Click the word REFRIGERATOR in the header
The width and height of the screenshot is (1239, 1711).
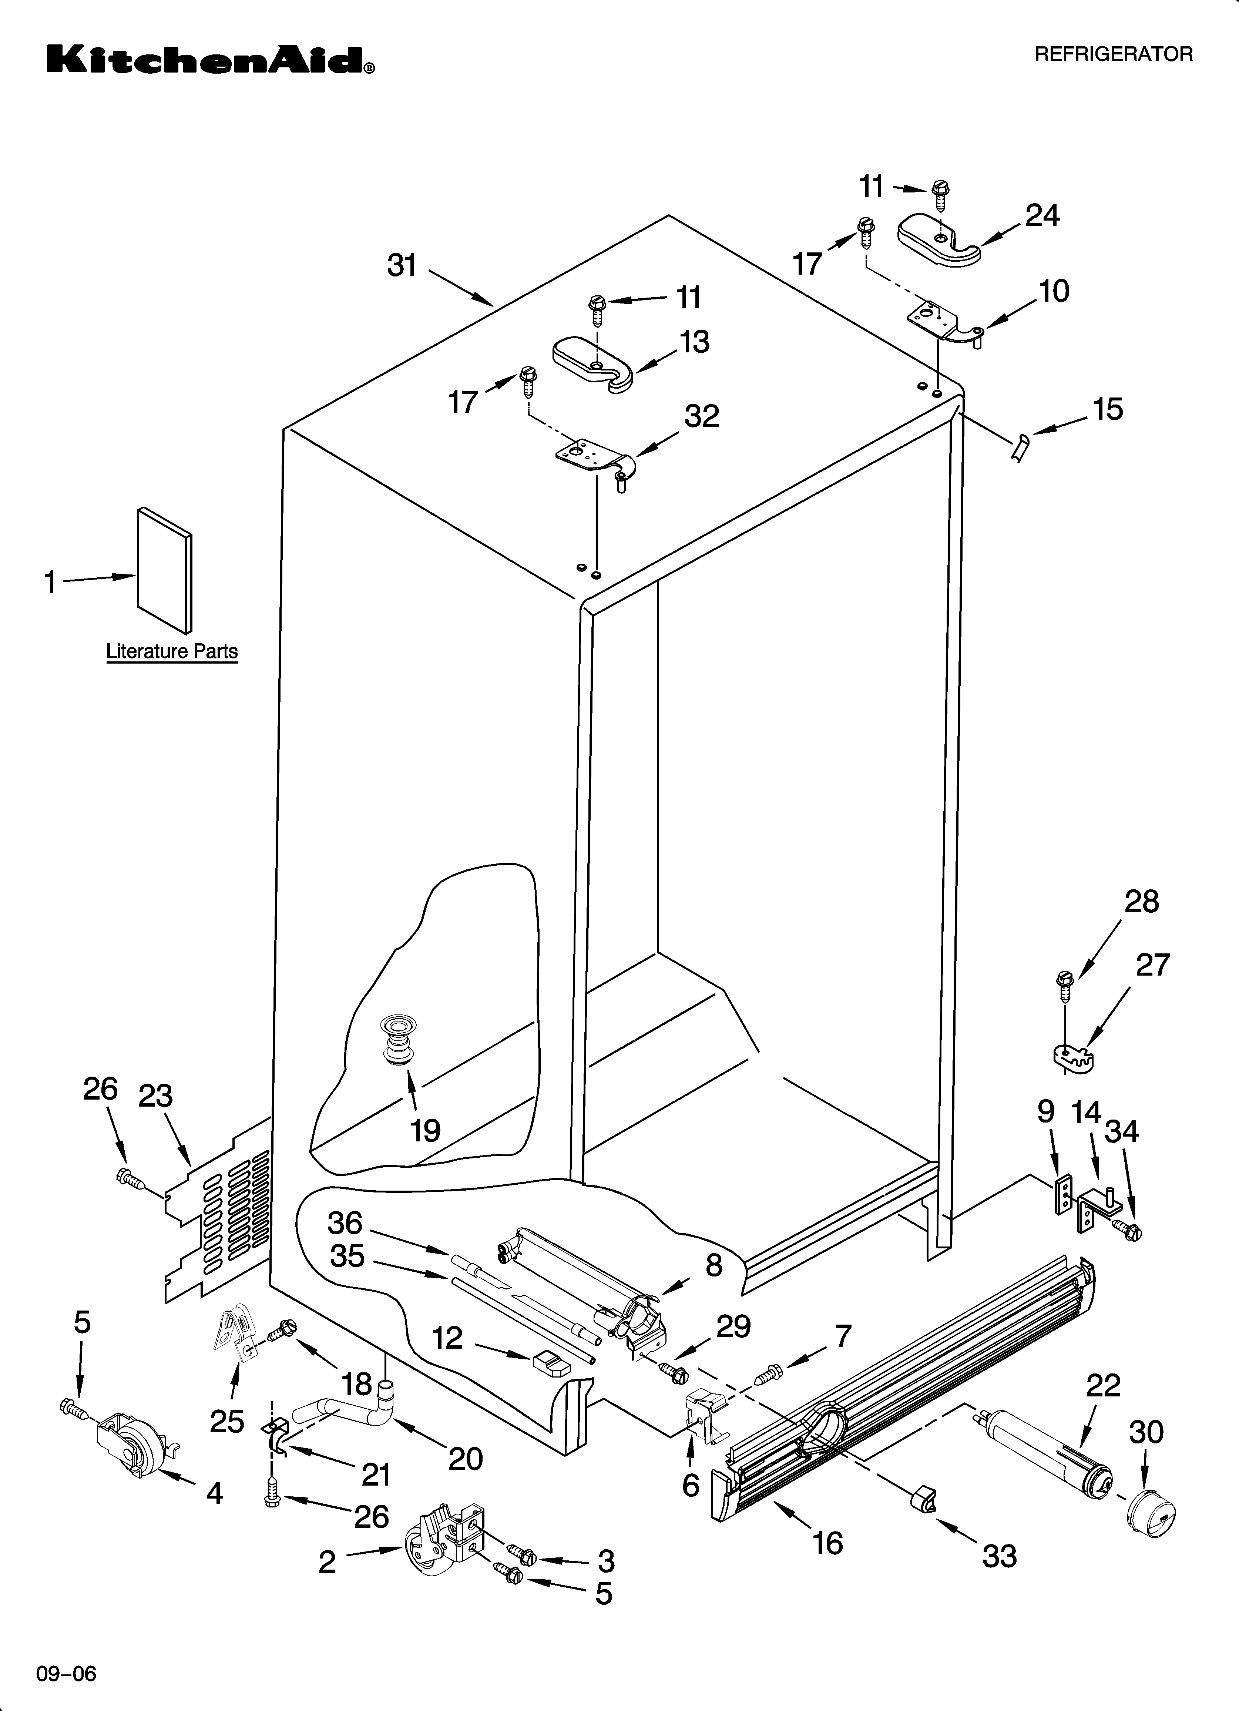click(1113, 54)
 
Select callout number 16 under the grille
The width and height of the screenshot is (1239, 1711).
click(828, 1543)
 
